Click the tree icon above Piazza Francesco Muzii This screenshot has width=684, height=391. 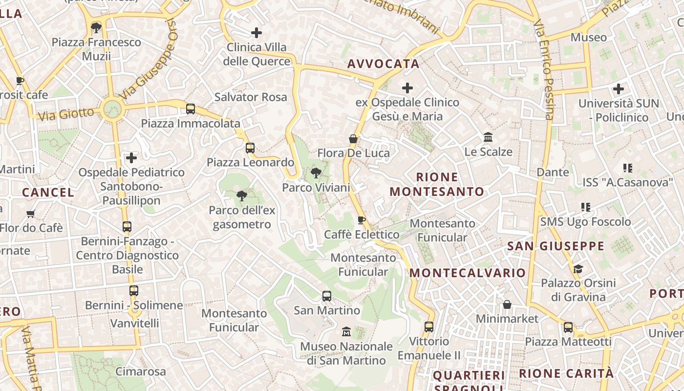(96, 27)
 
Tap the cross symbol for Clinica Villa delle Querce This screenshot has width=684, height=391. (256, 33)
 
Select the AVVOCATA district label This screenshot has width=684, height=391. (384, 64)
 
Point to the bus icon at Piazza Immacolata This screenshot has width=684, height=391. (191, 109)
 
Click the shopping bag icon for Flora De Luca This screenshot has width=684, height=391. (353, 139)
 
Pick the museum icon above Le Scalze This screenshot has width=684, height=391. (488, 137)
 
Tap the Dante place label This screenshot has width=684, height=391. (553, 172)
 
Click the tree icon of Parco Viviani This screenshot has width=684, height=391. (316, 173)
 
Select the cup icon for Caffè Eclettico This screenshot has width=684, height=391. (362, 220)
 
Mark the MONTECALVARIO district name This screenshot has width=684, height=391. (468, 273)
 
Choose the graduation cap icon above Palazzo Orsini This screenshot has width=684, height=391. (578, 269)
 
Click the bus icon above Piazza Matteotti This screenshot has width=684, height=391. (568, 327)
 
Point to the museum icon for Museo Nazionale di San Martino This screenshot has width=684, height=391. (346, 331)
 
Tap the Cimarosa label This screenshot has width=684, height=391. (141, 371)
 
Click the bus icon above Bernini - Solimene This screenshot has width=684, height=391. (133, 291)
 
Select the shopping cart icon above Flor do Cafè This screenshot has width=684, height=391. (31, 214)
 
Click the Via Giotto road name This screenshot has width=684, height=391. (65, 115)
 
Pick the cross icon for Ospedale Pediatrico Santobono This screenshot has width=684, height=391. (131, 158)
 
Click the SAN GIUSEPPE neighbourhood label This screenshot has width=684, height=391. (556, 246)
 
